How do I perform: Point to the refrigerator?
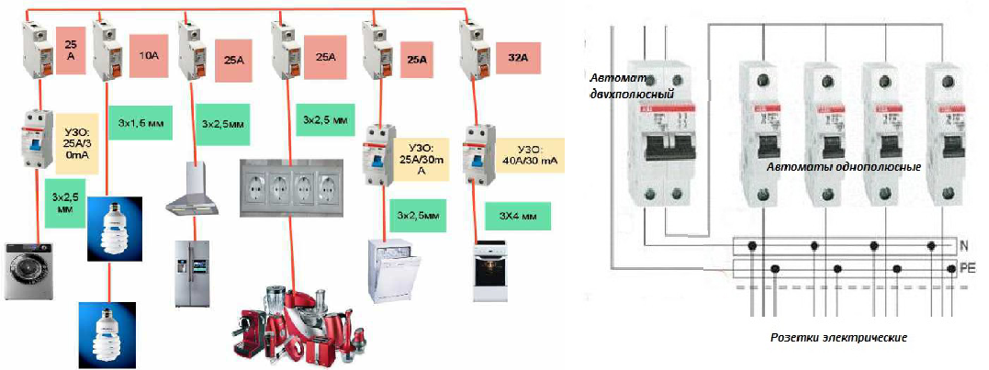coord(195,273)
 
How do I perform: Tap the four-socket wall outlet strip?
coord(290,187)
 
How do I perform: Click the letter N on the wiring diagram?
coord(963,246)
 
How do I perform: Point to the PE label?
coord(966,269)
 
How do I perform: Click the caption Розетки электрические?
coord(838,337)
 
